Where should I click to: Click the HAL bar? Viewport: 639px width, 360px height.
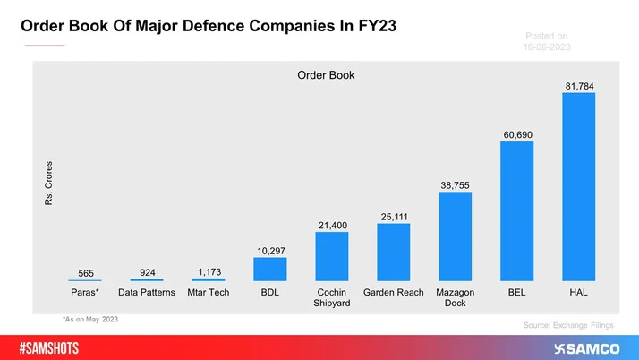(x=578, y=187)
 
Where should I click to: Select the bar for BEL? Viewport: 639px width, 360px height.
(x=516, y=211)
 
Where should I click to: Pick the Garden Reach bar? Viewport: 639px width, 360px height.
(x=393, y=253)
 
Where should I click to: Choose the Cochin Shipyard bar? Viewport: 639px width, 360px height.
(x=331, y=257)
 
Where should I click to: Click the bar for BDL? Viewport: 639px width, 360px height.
(x=269, y=270)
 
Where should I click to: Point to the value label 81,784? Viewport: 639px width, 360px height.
(x=578, y=86)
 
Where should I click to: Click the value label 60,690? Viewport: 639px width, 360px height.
(x=516, y=134)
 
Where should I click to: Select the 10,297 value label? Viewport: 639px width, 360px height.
(x=269, y=251)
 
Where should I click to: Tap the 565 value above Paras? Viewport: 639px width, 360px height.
(x=85, y=273)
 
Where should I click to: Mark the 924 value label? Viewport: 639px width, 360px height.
(x=147, y=271)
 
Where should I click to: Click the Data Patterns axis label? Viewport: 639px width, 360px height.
(x=147, y=293)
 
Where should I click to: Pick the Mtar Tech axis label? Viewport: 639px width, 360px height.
(x=209, y=293)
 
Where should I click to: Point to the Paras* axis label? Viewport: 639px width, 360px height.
(x=85, y=293)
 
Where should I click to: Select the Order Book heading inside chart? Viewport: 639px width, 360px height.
(x=326, y=75)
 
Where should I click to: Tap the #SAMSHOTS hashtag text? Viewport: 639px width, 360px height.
(x=55, y=347)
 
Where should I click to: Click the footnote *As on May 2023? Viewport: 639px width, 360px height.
(x=90, y=319)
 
